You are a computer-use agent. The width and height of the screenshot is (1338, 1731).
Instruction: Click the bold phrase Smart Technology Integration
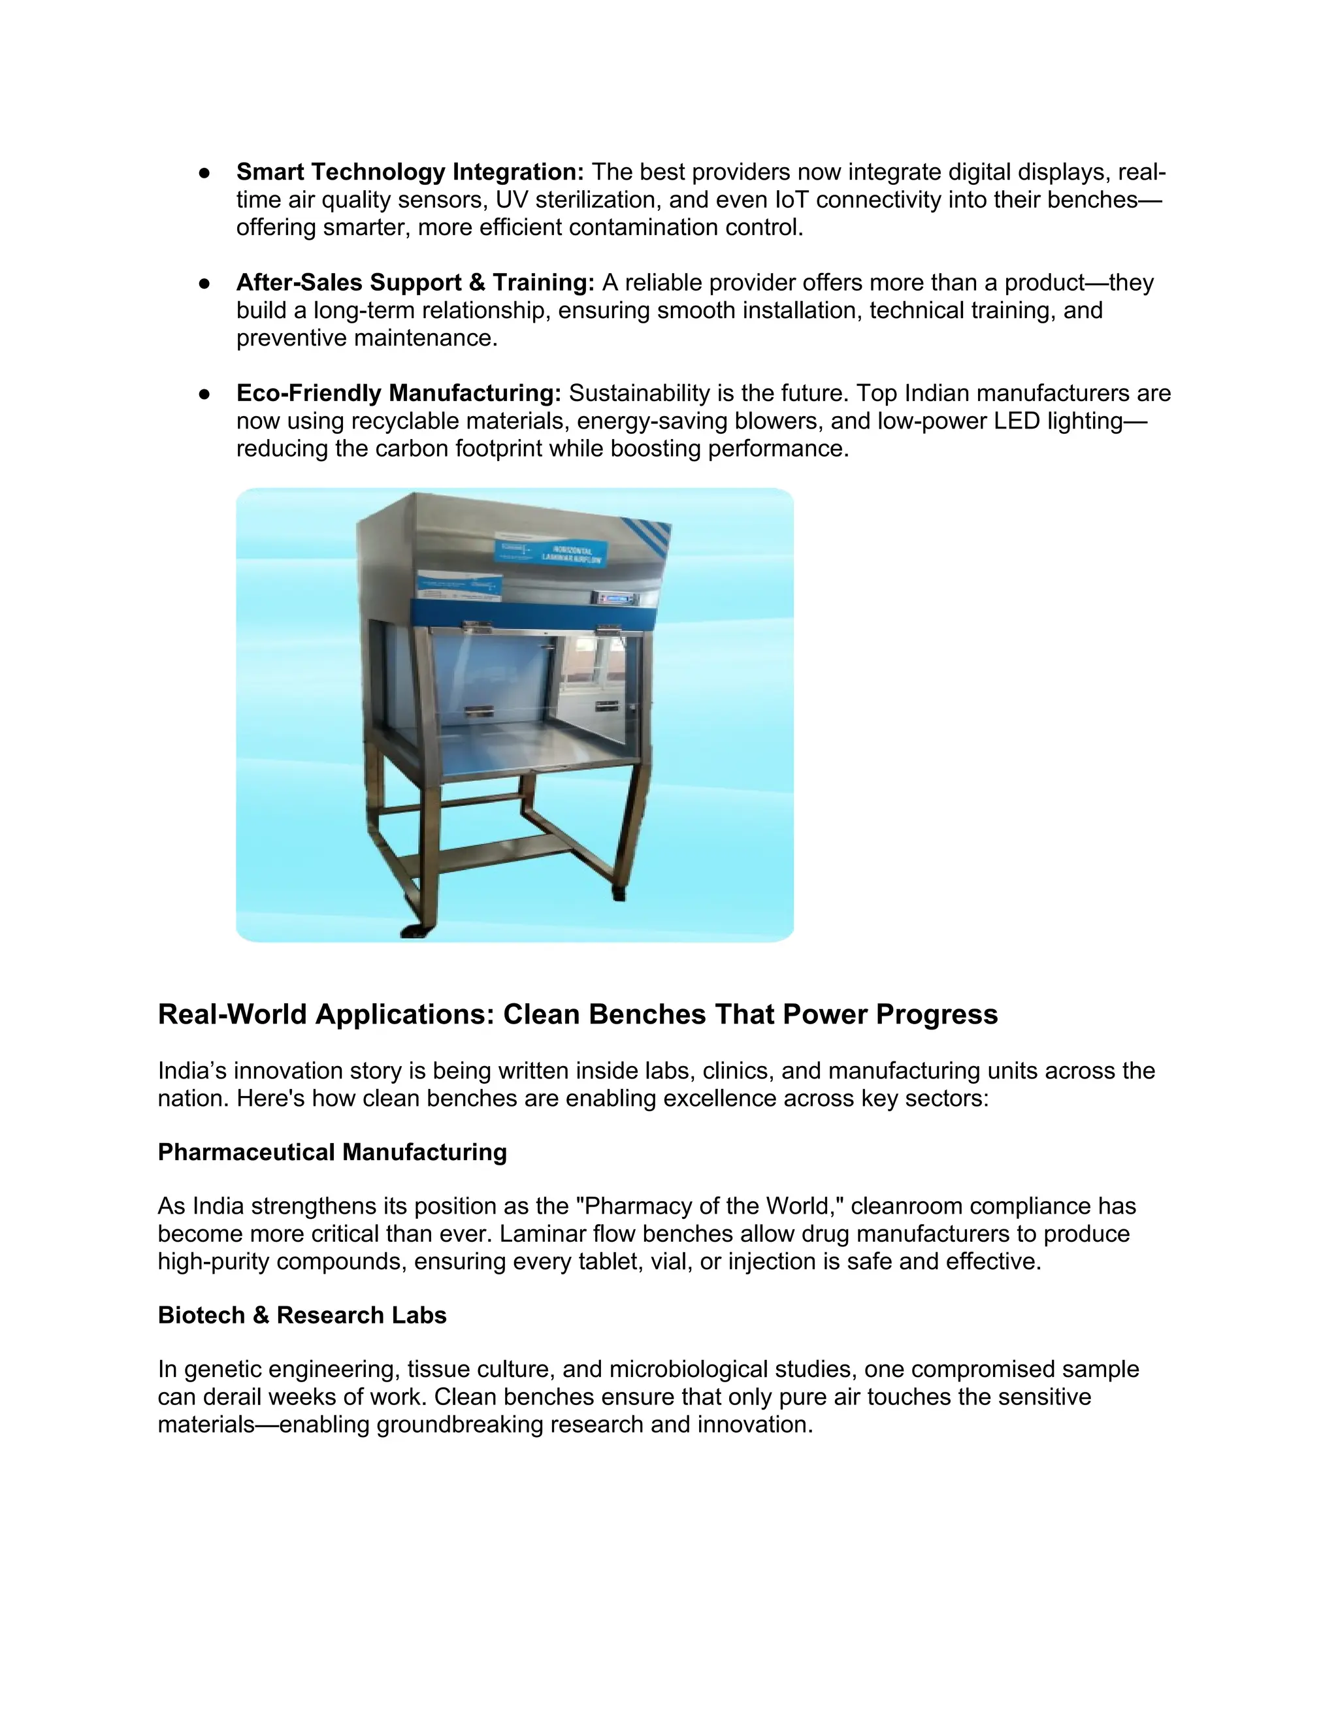(410, 172)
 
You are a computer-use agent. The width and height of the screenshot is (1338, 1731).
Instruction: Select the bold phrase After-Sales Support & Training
(416, 283)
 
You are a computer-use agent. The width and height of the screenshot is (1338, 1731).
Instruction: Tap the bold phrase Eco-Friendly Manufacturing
(399, 393)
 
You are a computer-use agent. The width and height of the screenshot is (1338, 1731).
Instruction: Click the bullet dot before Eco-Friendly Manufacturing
(204, 394)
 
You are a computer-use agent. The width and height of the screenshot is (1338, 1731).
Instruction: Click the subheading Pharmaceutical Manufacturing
(332, 1152)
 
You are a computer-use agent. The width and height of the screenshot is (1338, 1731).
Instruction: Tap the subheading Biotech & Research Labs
(302, 1315)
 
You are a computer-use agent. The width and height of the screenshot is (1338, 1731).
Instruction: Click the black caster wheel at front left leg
(413, 930)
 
